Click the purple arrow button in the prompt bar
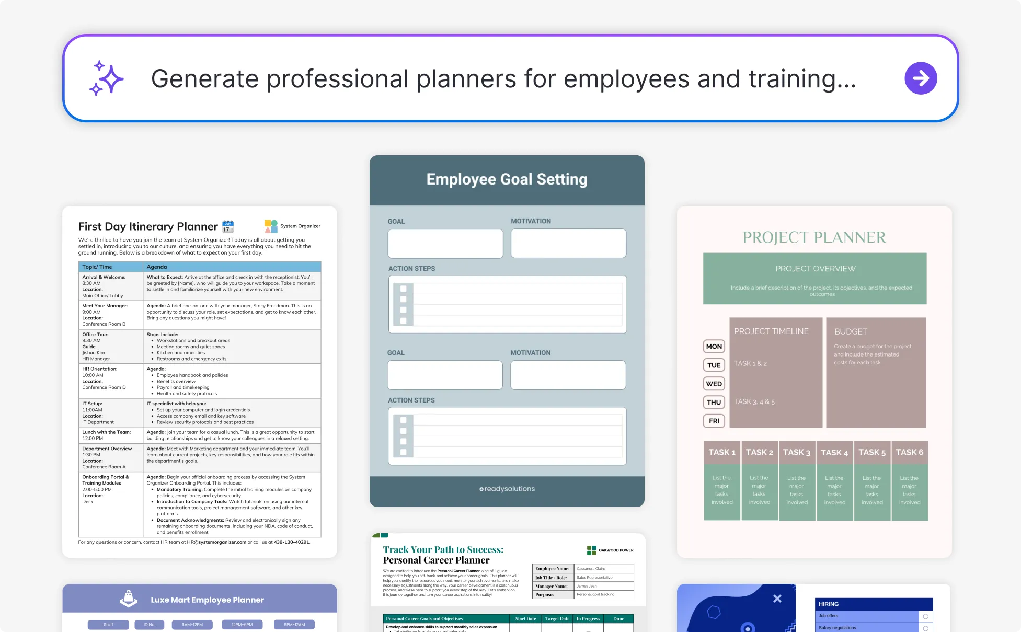(x=921, y=78)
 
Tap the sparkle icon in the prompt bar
(x=106, y=78)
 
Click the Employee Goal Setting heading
(x=507, y=179)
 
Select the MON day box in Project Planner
(x=714, y=346)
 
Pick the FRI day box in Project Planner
(x=714, y=421)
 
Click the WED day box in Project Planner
(x=714, y=384)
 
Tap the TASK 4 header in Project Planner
(x=834, y=453)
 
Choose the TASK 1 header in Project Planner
(x=721, y=452)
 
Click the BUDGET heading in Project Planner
(x=851, y=331)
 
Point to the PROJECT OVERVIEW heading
(x=815, y=269)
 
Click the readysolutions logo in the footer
(x=507, y=489)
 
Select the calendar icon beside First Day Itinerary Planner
(x=228, y=226)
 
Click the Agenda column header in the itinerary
(x=157, y=267)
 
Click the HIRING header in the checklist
(x=829, y=604)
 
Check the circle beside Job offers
(x=925, y=616)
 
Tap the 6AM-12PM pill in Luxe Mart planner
(x=192, y=625)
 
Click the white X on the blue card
(x=777, y=599)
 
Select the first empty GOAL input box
(x=445, y=244)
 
